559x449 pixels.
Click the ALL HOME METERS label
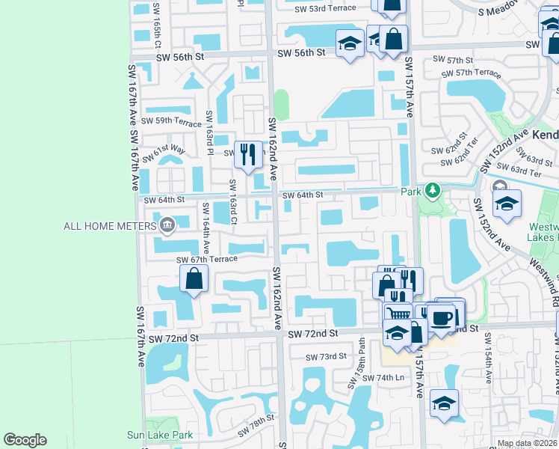(x=108, y=225)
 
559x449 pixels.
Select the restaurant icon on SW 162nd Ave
(x=248, y=154)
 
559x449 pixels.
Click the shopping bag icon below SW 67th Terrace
(x=194, y=279)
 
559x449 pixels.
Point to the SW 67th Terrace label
(x=206, y=259)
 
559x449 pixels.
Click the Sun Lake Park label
(x=159, y=435)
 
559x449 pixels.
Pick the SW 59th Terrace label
(x=171, y=121)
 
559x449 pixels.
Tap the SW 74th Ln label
(x=383, y=379)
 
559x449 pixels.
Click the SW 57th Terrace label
(x=471, y=73)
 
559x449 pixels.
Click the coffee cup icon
(x=442, y=317)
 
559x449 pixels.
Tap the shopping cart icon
(x=398, y=314)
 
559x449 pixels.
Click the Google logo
(x=25, y=440)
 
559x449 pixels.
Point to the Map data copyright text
(x=528, y=443)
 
